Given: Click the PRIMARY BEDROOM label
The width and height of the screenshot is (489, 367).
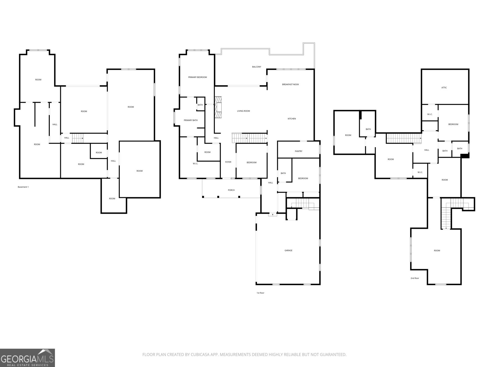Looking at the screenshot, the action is [x=197, y=77].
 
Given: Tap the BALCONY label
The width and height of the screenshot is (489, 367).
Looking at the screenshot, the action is [x=257, y=67].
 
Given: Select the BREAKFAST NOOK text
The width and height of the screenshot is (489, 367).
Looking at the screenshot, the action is [x=291, y=84].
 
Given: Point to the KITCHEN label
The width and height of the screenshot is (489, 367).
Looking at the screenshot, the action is [x=292, y=119].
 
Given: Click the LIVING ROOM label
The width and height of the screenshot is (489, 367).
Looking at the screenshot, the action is [x=243, y=111].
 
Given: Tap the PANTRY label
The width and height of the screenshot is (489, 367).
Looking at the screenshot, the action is [x=299, y=151].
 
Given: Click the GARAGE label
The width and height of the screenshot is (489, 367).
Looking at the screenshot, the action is [x=288, y=250].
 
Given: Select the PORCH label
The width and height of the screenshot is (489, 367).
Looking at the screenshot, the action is [x=231, y=190].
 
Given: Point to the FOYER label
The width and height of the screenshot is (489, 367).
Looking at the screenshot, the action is [x=228, y=162].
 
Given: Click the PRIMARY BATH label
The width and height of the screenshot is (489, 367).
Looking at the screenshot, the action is [x=190, y=120].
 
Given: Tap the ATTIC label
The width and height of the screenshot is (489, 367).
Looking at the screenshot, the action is [x=444, y=87].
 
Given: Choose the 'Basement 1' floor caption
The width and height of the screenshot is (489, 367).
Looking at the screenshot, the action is [x=23, y=187].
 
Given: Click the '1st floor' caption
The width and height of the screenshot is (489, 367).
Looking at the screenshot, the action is [x=260, y=293].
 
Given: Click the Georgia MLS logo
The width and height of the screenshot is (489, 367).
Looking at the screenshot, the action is [x=28, y=358].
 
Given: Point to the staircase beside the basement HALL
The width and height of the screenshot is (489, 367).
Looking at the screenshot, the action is [x=78, y=138].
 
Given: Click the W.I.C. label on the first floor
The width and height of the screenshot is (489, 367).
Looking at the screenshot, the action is [x=195, y=164].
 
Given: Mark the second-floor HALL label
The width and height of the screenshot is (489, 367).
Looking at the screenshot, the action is [x=427, y=150].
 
